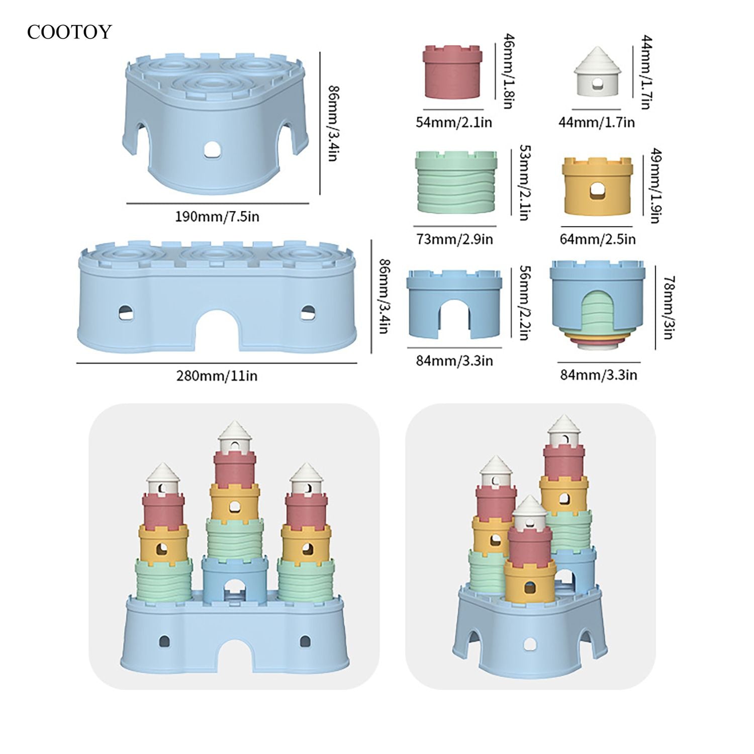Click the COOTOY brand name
(x=69, y=32)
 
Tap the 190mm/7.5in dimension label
(x=217, y=217)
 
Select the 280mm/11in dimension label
(x=217, y=376)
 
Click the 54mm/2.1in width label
(x=453, y=122)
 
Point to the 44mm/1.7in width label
(x=597, y=122)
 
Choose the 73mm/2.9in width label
(x=454, y=239)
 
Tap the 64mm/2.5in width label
(x=598, y=239)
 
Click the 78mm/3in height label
(x=669, y=308)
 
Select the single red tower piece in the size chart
(x=453, y=72)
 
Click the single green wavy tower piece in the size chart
(x=456, y=182)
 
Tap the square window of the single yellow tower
(x=597, y=191)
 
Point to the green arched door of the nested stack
(x=598, y=314)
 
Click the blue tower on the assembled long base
(x=235, y=579)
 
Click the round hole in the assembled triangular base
(x=529, y=644)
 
